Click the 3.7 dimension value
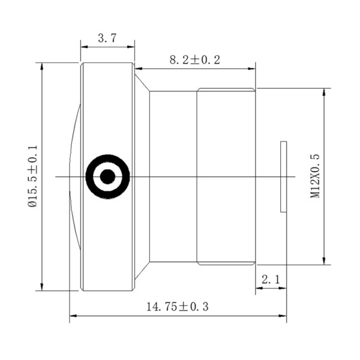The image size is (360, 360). pos(107,38)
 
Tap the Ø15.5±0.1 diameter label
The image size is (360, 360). pos(32,176)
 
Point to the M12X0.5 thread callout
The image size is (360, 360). pos(314,176)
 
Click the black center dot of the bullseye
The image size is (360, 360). pos(107,176)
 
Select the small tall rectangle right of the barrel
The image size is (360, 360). pos(283,176)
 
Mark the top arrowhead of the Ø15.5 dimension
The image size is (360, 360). pos(42,66)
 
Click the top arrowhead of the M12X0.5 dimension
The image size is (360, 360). pos(324,92)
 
